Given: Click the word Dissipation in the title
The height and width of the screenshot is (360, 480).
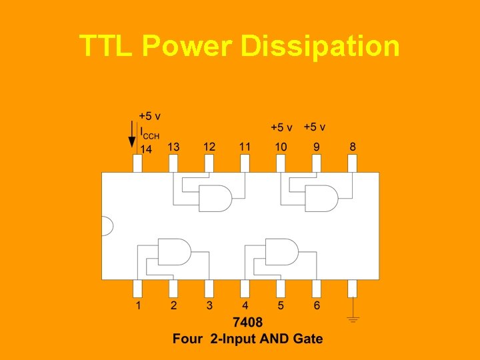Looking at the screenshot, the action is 319,47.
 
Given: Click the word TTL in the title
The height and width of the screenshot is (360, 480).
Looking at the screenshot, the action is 107,47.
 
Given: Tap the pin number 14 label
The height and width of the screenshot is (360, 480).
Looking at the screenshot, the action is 145,149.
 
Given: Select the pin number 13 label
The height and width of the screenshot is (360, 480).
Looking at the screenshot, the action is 173,147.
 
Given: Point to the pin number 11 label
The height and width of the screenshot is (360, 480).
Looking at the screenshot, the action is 245,147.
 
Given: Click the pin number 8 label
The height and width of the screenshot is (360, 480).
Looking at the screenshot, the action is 352,147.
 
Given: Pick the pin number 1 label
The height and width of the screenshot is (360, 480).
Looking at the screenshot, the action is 138,305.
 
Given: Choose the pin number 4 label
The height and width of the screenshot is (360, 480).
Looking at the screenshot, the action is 245,305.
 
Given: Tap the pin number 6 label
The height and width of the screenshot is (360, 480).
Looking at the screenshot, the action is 317,305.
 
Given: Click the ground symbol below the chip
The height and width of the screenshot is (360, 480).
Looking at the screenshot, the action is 353,319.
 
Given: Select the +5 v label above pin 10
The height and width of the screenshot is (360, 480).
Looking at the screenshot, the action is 281,127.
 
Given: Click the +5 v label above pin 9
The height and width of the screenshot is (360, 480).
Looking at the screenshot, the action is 314,127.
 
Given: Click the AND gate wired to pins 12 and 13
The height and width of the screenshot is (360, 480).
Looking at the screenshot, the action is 215,198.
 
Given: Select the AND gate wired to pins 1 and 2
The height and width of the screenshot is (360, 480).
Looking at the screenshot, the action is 173,251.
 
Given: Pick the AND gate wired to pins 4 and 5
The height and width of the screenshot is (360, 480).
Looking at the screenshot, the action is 281,251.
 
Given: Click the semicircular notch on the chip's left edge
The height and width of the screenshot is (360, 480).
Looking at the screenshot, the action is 105,226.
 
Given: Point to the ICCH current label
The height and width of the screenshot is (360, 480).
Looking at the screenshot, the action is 149,133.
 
